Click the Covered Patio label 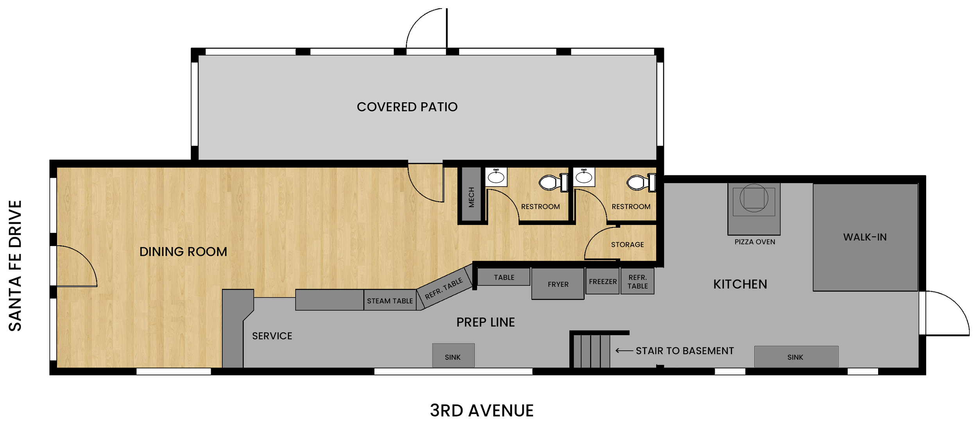pyautogui.click(x=407, y=107)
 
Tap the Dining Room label pyautogui.click(x=183, y=252)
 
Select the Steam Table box pyautogui.click(x=390, y=300)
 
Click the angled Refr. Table pyautogui.click(x=444, y=288)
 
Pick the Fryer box pyautogui.click(x=558, y=284)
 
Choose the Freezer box pyautogui.click(x=602, y=281)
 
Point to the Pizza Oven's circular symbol pyautogui.click(x=753, y=198)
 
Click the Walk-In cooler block pyautogui.click(x=865, y=237)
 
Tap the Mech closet pyautogui.click(x=471, y=194)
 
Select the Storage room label pyautogui.click(x=627, y=245)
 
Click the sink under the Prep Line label pyautogui.click(x=453, y=356)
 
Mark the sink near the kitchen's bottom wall pyautogui.click(x=796, y=357)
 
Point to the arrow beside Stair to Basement pyautogui.click(x=624, y=351)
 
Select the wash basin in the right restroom pyautogui.click(x=583, y=177)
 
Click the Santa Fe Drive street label pyautogui.click(x=15, y=266)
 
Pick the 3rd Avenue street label pyautogui.click(x=481, y=411)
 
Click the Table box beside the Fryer pyautogui.click(x=503, y=277)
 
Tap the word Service pyautogui.click(x=272, y=336)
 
